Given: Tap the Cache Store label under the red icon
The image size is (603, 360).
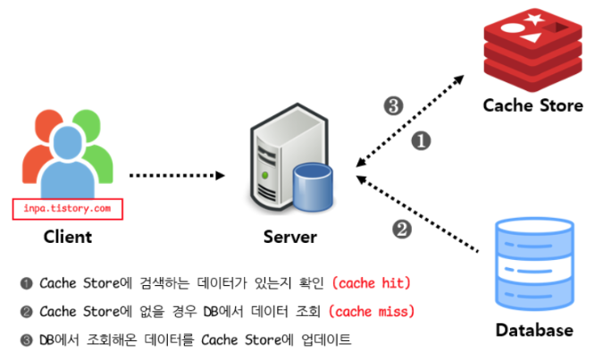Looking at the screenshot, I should [532, 105].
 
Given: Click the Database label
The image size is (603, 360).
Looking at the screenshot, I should [534, 331].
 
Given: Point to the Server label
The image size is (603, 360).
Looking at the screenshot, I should [289, 238].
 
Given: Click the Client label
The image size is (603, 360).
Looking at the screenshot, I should [68, 238].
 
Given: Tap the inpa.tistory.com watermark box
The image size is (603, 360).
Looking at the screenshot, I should [68, 209].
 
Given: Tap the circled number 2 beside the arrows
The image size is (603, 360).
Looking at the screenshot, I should [403, 229].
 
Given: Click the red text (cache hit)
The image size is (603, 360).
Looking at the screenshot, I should [371, 283].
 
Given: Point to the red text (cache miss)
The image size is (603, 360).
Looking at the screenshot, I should [372, 312].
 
